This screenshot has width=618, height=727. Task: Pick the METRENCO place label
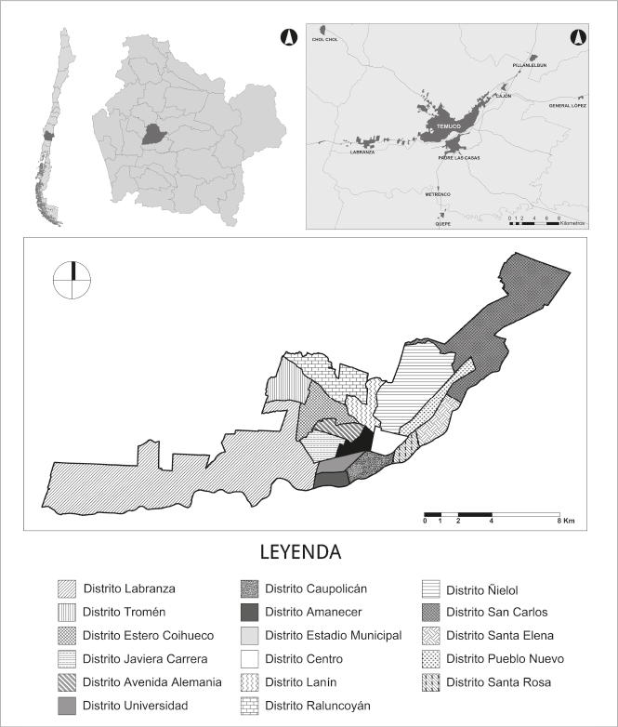point(438,194)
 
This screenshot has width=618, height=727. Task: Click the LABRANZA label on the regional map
point(362,152)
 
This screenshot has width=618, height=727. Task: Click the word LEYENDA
point(302,551)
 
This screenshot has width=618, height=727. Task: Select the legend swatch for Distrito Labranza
point(66,588)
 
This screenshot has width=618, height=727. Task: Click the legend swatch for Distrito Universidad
point(66,706)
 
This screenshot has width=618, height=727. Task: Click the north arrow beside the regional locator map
point(288,38)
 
